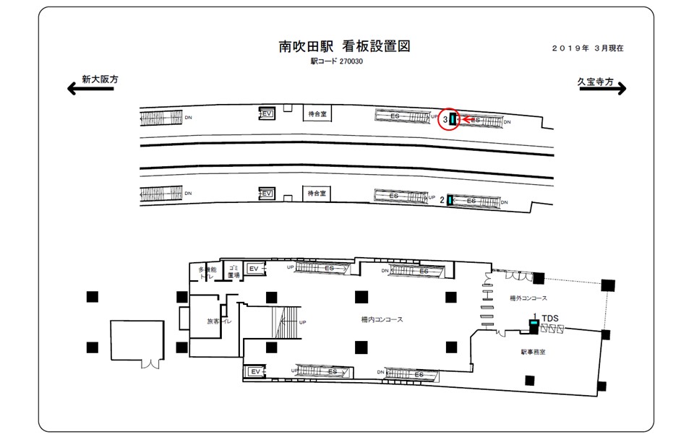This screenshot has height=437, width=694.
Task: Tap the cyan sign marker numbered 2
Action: point(450,200)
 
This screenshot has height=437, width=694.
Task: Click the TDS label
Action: point(550,318)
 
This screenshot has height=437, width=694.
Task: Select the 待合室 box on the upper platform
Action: point(317,113)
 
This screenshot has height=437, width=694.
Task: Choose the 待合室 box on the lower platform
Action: point(317,194)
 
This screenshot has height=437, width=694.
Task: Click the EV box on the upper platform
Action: point(267,113)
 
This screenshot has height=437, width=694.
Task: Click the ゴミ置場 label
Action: point(233,272)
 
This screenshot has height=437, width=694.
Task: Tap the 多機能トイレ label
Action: point(207,273)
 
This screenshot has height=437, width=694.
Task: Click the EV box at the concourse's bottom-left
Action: point(254,371)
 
